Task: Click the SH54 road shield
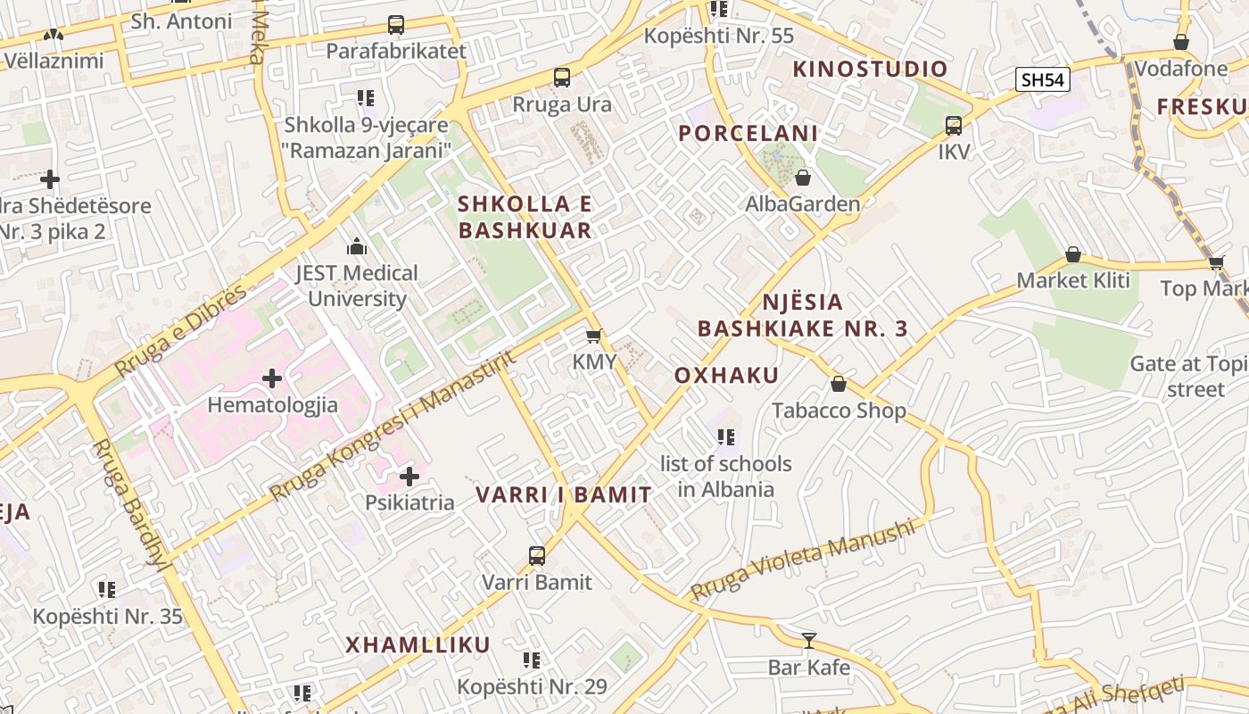pos(1043,79)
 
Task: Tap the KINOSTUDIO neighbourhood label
pos(870,69)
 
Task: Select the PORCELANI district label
pos(748,134)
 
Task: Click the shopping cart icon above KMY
pos(593,336)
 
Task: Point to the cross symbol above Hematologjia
pos(272,378)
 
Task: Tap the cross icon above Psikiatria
pos(409,477)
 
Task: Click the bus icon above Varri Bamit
pos(537,556)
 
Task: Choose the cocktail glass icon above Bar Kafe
pos(808,640)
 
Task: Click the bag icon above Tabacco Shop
pos(839,384)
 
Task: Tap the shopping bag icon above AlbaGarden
pos(803,178)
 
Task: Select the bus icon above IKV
pos(954,125)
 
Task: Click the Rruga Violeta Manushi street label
pos(803,560)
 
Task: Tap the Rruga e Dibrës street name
pos(180,331)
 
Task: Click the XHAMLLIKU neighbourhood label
pos(418,644)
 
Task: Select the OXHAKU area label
pos(726,375)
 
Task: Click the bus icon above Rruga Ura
pos(562,78)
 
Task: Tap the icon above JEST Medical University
pos(357,246)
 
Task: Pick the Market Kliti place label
pos(1073,280)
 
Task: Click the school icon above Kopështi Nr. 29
pos(532,660)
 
